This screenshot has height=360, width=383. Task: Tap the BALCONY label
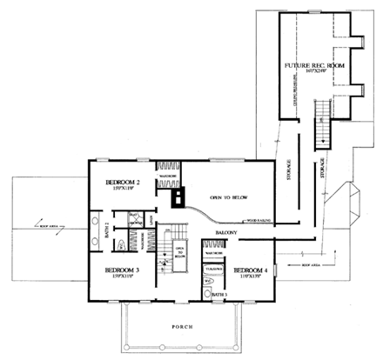pos(229,235)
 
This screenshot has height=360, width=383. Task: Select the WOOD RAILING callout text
pos(262,221)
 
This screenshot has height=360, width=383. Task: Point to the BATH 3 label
pos(219,296)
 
